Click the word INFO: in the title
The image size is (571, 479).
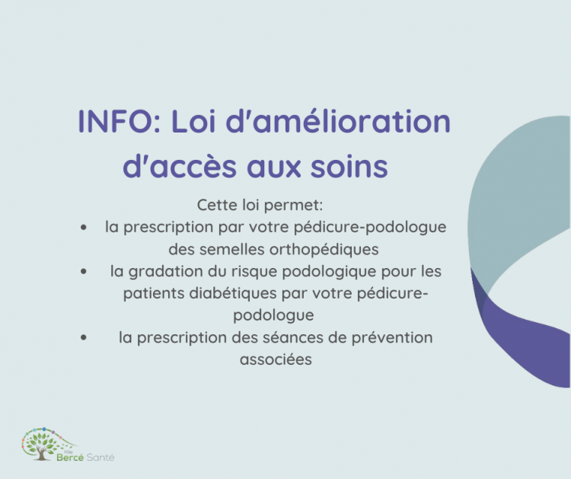pyautogui.click(x=119, y=123)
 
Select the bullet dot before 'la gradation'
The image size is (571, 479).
pyautogui.click(x=81, y=272)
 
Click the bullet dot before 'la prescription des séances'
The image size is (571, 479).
pyautogui.click(x=81, y=338)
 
